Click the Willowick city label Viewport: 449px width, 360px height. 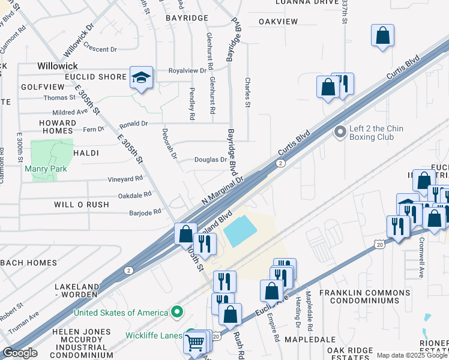click(58, 65)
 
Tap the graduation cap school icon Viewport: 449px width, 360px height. click(142, 77)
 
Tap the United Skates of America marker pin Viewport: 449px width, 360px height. click(176, 312)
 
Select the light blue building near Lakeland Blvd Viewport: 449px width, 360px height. click(241, 231)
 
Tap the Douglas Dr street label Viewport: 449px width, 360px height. click(210, 160)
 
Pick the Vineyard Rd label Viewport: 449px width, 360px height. click(125, 178)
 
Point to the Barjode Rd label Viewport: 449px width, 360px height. click(145, 212)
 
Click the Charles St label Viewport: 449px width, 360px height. click(247, 92)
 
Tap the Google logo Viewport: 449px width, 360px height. click(20, 353)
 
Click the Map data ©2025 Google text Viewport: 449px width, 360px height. click(412, 355)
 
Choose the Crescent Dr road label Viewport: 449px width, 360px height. click(100, 49)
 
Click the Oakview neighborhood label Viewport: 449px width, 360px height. click(278, 22)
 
